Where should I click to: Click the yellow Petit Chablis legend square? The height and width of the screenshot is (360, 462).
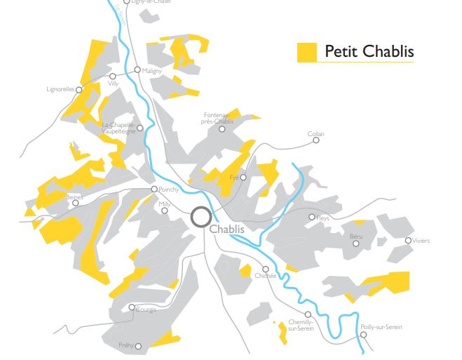coord(307,53)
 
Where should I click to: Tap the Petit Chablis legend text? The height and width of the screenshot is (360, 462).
coord(369,52)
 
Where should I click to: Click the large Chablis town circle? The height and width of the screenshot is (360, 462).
coord(201,216)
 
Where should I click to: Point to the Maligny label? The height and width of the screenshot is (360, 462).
coord(152,71)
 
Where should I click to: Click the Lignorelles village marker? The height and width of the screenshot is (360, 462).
coord(79,90)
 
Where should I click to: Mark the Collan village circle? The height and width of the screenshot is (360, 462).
coord(316,140)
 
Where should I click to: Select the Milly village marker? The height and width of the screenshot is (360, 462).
coord(165,211)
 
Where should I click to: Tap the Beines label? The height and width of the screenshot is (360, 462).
coord(74,197)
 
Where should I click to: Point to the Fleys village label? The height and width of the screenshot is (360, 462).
coord(322,218)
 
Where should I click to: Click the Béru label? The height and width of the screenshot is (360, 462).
coord(356,237)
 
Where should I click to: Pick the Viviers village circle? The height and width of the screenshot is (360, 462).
coord(409,241)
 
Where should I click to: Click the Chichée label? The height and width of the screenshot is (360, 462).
coord(266,277)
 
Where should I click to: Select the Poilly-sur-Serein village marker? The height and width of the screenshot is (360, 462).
coord(364,334)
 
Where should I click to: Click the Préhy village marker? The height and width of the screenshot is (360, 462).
coord(139,345)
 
